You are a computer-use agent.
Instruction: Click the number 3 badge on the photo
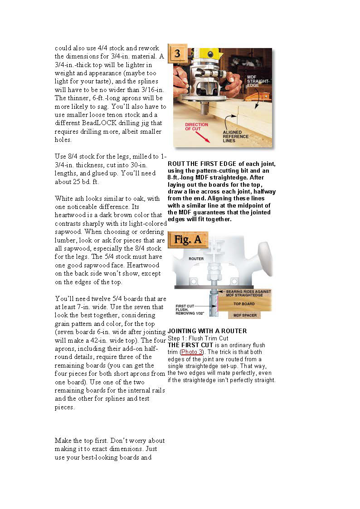pos(177,54)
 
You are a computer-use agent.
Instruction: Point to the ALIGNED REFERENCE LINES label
pos(235,136)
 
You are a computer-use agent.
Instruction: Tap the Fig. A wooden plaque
pos(188,239)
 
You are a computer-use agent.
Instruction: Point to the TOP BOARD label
pos(244,304)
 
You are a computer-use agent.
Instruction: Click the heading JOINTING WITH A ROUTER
pos(207,331)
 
